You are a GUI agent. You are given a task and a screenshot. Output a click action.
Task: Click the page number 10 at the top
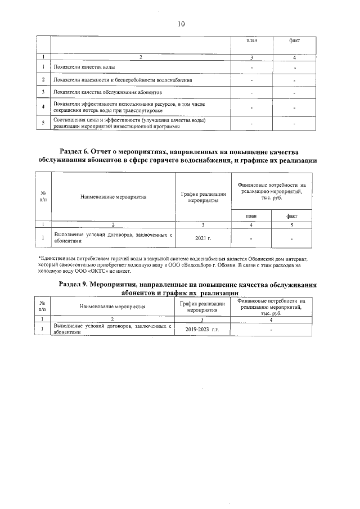click(181, 24)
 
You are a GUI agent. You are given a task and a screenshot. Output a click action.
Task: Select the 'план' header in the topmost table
click(252, 41)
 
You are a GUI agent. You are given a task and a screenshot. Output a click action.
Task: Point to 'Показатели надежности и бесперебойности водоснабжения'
click(123, 80)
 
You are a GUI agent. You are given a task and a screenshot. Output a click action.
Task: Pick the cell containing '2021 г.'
click(202, 238)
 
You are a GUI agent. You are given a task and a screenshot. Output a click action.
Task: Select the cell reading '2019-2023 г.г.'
click(202, 330)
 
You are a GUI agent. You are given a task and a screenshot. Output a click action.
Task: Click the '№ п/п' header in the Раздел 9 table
click(43, 307)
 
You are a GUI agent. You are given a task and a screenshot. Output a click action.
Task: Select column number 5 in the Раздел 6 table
click(291, 224)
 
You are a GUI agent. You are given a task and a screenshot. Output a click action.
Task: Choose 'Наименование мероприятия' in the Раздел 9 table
click(112, 307)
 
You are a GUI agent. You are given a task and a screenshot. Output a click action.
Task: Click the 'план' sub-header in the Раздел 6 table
click(250, 215)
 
